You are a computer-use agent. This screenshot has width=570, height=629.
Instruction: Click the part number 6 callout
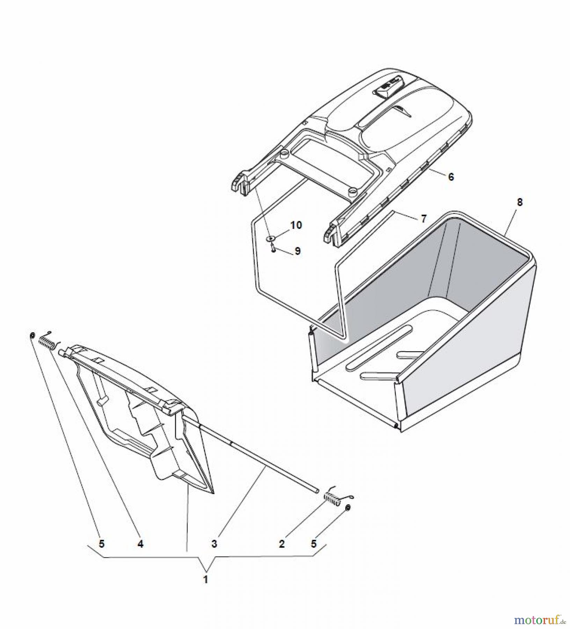tap(451, 177)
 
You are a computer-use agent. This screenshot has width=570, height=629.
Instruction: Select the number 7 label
tap(424, 219)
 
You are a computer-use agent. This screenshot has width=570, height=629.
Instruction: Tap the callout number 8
tap(520, 202)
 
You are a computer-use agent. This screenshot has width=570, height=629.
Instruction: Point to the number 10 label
tap(296, 225)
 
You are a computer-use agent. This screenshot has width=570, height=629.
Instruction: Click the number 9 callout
tap(297, 251)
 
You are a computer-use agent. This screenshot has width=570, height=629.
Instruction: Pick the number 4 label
tap(140, 544)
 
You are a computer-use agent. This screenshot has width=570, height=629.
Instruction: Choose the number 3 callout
tap(214, 544)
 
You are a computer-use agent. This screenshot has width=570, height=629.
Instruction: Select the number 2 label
tap(282, 544)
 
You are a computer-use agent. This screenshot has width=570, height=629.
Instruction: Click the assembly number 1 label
tap(206, 579)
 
